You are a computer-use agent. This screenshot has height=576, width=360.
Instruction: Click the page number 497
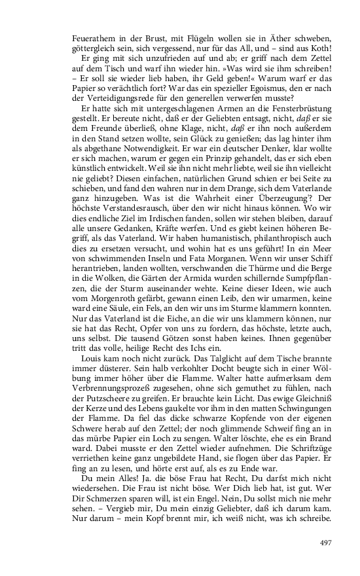(x=327, y=543)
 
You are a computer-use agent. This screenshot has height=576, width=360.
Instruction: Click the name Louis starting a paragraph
(x=90, y=377)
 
